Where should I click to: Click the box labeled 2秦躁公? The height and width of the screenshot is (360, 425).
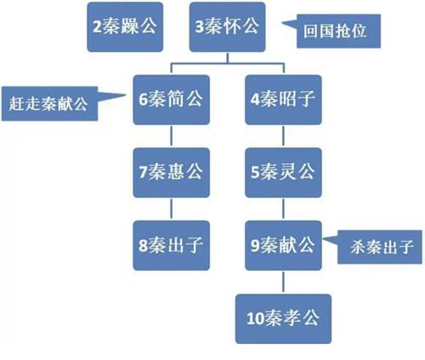[x=125, y=27]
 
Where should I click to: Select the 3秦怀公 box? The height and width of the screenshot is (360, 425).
[x=228, y=27]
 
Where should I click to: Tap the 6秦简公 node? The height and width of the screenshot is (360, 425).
[x=172, y=99]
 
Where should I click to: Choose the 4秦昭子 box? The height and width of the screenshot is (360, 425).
[x=283, y=99]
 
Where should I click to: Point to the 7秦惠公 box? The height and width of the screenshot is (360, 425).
[x=172, y=172]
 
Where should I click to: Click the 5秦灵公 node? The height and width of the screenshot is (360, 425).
[x=283, y=172]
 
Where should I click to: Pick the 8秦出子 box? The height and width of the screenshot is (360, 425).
[x=172, y=245]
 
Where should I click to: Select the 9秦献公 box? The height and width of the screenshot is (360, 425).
[x=283, y=245]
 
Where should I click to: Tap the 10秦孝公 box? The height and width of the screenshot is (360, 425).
[x=283, y=318]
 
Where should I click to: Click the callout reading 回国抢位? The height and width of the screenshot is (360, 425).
[x=338, y=31]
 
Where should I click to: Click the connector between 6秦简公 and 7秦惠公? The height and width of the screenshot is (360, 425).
[x=171, y=136]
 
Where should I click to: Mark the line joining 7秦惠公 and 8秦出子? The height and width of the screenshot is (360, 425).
[x=171, y=209]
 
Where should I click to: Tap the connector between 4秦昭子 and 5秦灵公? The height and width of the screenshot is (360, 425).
[x=283, y=136]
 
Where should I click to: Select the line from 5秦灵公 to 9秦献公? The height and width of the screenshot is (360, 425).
[x=283, y=209]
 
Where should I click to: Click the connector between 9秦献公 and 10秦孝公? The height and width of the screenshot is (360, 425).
[x=283, y=282]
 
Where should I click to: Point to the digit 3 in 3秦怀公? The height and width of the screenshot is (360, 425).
[x=200, y=27]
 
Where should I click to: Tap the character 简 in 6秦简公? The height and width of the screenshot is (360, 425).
[x=176, y=98]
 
